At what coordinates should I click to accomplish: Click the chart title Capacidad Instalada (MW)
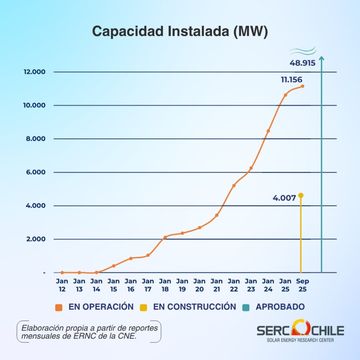tap(180, 31)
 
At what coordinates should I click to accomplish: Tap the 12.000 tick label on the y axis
tap(35, 72)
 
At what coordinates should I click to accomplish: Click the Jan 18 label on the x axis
tap(165, 285)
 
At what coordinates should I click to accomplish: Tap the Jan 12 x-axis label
tap(62, 285)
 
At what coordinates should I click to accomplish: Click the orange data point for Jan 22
tap(234, 186)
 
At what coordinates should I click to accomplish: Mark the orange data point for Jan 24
tap(268, 131)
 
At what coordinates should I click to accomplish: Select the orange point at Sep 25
tap(302, 86)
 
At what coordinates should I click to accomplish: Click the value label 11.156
tap(291, 80)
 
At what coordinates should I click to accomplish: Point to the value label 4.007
tap(284, 198)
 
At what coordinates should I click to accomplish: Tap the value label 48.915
tap(302, 64)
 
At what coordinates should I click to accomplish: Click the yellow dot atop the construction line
tap(301, 195)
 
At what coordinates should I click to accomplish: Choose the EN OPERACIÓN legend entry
tap(95, 307)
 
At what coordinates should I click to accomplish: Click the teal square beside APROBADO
tap(246, 307)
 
